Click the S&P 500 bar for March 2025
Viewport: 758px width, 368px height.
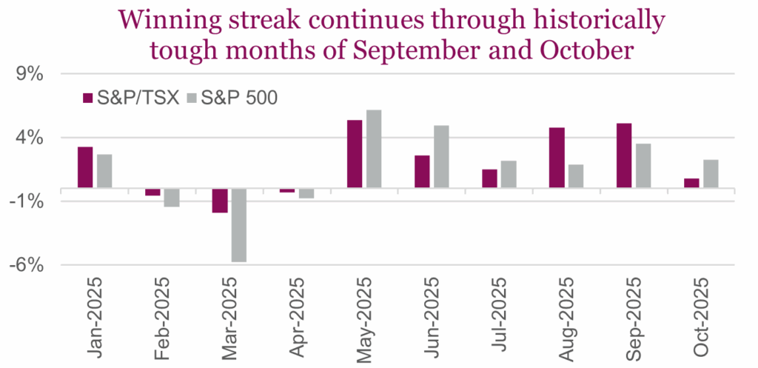point(239,225)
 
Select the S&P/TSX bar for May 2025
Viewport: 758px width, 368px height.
point(355,154)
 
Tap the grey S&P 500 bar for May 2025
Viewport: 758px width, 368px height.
point(374,149)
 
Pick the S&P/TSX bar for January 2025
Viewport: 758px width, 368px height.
point(85,167)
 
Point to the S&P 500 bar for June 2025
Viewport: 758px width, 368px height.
point(441,156)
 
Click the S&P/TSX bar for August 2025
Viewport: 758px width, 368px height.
point(557,158)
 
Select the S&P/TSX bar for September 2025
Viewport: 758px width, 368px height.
point(624,155)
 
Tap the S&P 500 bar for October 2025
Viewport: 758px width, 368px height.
point(711,174)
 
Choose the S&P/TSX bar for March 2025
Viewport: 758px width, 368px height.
point(220,201)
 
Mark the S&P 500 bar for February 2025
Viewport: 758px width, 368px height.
point(172,198)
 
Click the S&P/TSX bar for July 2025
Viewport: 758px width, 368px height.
point(489,178)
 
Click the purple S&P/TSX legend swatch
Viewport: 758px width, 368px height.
point(86,98)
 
